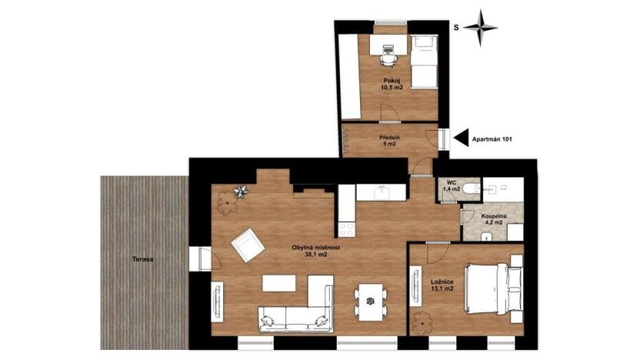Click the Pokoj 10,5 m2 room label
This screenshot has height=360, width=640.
coord(392,83)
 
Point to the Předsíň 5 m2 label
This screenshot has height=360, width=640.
coord(388,140)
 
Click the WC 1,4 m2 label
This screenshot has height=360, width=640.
coord(451,185)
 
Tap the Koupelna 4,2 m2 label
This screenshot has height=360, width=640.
coord(493,220)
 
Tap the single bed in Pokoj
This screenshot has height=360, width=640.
coord(422,63)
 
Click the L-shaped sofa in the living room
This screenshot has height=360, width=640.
coord(296,309)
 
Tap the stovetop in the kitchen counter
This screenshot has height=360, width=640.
coord(346,228)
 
